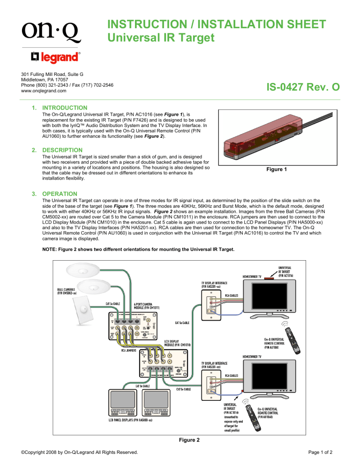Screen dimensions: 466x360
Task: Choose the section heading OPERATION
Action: click(60, 193)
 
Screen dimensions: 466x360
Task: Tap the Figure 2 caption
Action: click(180, 440)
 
